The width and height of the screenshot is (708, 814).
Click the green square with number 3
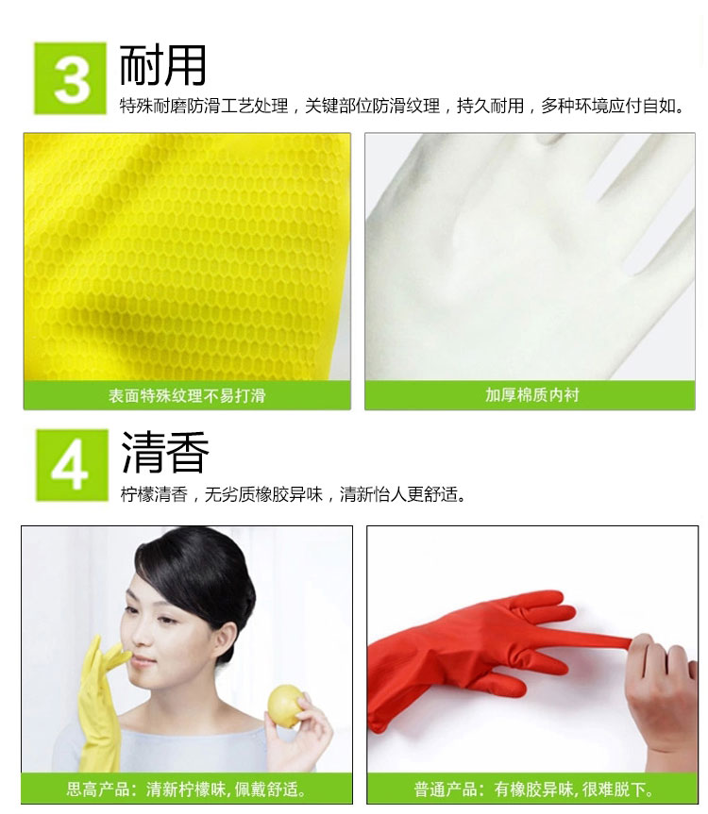pos(70,78)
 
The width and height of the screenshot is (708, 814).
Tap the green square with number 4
pos(72,465)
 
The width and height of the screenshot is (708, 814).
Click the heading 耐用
pos(162,65)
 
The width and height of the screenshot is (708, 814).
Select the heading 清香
pos(164,453)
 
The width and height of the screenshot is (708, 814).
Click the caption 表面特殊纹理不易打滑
pos(187,396)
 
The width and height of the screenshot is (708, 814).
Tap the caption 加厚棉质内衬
pos(531,395)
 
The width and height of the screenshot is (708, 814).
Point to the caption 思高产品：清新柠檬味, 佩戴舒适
pos(187,789)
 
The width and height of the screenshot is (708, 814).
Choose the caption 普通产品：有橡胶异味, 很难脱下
pos(533,789)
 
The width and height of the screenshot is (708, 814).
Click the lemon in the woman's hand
pos(285,706)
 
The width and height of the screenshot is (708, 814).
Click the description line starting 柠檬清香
pos(293,494)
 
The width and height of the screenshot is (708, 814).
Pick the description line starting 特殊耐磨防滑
pos(401,106)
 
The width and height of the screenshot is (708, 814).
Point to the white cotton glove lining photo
pos(530,257)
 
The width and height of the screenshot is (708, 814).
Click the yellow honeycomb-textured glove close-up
pos(187,257)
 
